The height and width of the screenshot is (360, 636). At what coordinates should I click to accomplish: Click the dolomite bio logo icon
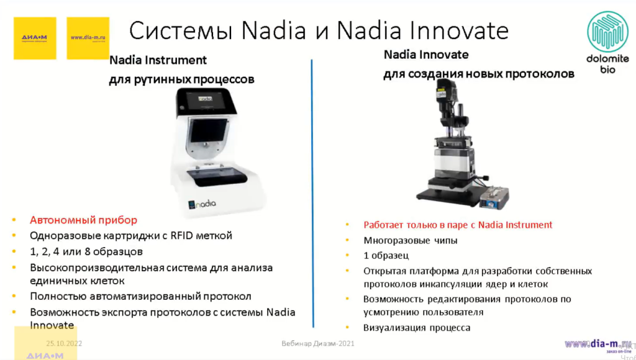(608, 32)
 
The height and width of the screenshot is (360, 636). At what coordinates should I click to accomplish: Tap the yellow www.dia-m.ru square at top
(88, 38)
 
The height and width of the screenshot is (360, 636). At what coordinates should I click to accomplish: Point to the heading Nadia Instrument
(158, 60)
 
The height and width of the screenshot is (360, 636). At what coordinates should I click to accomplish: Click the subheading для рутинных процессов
(181, 80)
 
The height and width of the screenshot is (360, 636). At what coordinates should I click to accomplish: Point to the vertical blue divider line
(312, 192)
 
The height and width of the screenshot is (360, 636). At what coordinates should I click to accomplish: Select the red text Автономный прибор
(83, 220)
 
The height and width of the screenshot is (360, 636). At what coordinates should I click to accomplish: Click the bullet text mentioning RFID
(130, 235)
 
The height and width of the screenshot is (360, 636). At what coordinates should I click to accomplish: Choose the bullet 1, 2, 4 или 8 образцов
(86, 251)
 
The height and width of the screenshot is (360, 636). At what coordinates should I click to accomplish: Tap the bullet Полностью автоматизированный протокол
(140, 296)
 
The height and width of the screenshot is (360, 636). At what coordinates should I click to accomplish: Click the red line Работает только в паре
(458, 225)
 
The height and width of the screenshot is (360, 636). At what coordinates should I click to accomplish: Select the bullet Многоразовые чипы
(411, 240)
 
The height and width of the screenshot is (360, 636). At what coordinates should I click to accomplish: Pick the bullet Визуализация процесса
(417, 327)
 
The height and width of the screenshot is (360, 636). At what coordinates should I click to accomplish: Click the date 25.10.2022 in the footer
(64, 343)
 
